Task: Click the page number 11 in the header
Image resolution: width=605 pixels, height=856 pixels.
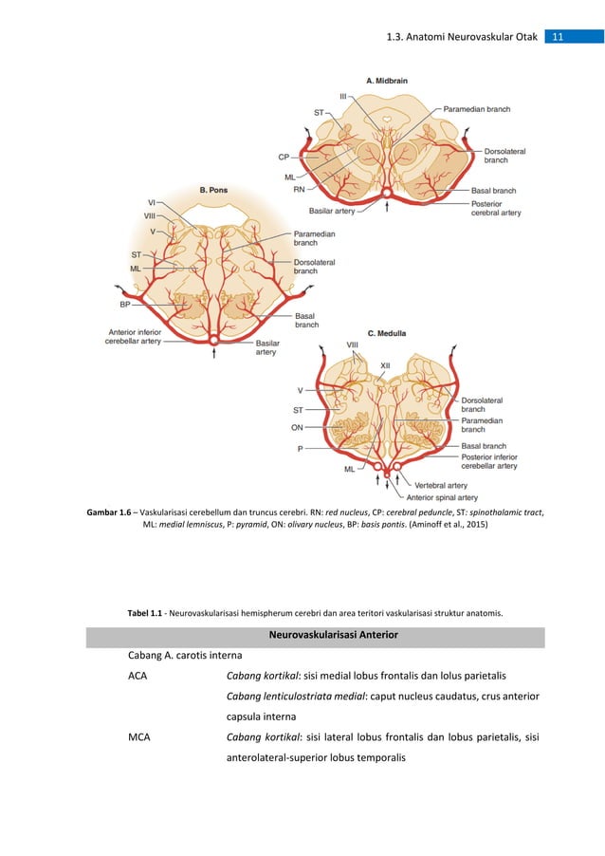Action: [x=558, y=37]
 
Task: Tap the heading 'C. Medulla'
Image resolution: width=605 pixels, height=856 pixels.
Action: [x=387, y=333]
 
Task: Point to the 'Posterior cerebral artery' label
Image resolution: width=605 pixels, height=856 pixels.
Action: [x=496, y=208]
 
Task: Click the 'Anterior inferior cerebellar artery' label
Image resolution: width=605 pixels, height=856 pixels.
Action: [x=139, y=337]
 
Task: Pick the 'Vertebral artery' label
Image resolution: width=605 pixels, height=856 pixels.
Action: [x=436, y=485]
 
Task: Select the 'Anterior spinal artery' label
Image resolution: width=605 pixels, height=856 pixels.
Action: [x=442, y=497]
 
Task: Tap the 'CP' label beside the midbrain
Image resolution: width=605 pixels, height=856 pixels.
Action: [x=284, y=157]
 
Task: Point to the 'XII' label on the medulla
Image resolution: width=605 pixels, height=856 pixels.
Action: [x=385, y=364]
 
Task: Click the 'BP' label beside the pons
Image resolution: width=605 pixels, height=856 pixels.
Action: [x=125, y=305]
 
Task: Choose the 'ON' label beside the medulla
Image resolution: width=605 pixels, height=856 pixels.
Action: [x=297, y=427]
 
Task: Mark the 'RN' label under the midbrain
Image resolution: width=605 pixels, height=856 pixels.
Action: [x=299, y=190]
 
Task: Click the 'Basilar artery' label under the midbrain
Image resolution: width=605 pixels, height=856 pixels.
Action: [x=332, y=211]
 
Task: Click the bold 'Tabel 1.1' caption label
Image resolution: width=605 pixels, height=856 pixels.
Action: [x=147, y=613]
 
